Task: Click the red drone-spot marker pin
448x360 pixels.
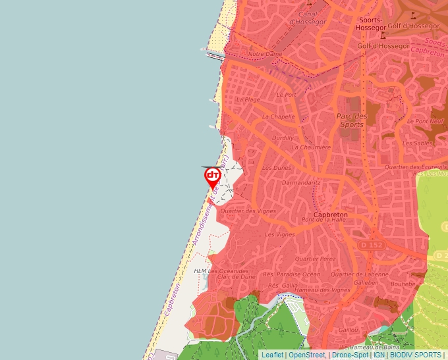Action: click(212, 176)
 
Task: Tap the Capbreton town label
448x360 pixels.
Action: click(331, 215)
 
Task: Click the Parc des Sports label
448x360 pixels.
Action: click(350, 120)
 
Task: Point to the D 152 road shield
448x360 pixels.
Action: click(370, 245)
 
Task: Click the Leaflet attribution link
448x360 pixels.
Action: click(272, 355)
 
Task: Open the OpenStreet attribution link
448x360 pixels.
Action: click(306, 355)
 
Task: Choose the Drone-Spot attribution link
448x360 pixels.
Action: click(349, 355)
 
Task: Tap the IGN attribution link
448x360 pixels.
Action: click(379, 355)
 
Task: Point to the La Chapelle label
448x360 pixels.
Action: click(278, 116)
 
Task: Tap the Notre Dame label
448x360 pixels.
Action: click(265, 54)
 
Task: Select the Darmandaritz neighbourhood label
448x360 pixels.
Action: click(301, 182)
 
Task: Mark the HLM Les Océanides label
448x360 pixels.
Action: click(221, 270)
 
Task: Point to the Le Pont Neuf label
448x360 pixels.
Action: click(428, 121)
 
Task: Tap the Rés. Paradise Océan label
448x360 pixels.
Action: click(291, 274)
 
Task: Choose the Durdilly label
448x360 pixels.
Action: click(283, 138)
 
